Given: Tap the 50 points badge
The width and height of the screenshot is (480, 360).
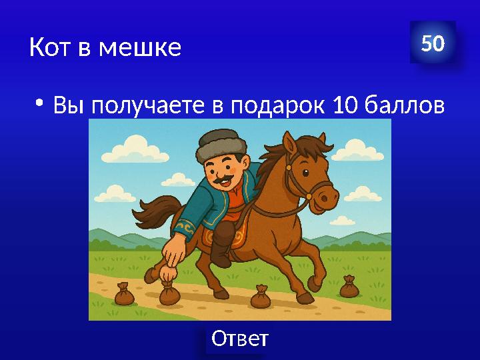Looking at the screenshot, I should pyautogui.click(x=433, y=44).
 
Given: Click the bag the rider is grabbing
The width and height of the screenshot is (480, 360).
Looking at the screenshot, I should pyautogui.click(x=169, y=292).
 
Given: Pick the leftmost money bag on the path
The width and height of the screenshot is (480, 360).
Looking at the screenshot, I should pyautogui.click(x=124, y=294).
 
